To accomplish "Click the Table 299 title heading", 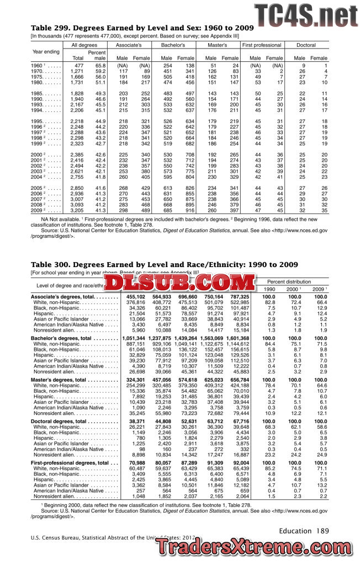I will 142,28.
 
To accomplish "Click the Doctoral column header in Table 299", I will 306,44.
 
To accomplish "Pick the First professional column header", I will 262,44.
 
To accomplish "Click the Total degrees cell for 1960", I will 78,66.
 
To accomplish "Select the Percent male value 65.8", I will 100,66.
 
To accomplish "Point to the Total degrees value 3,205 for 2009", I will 76,210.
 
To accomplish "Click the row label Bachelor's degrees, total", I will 61,338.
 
